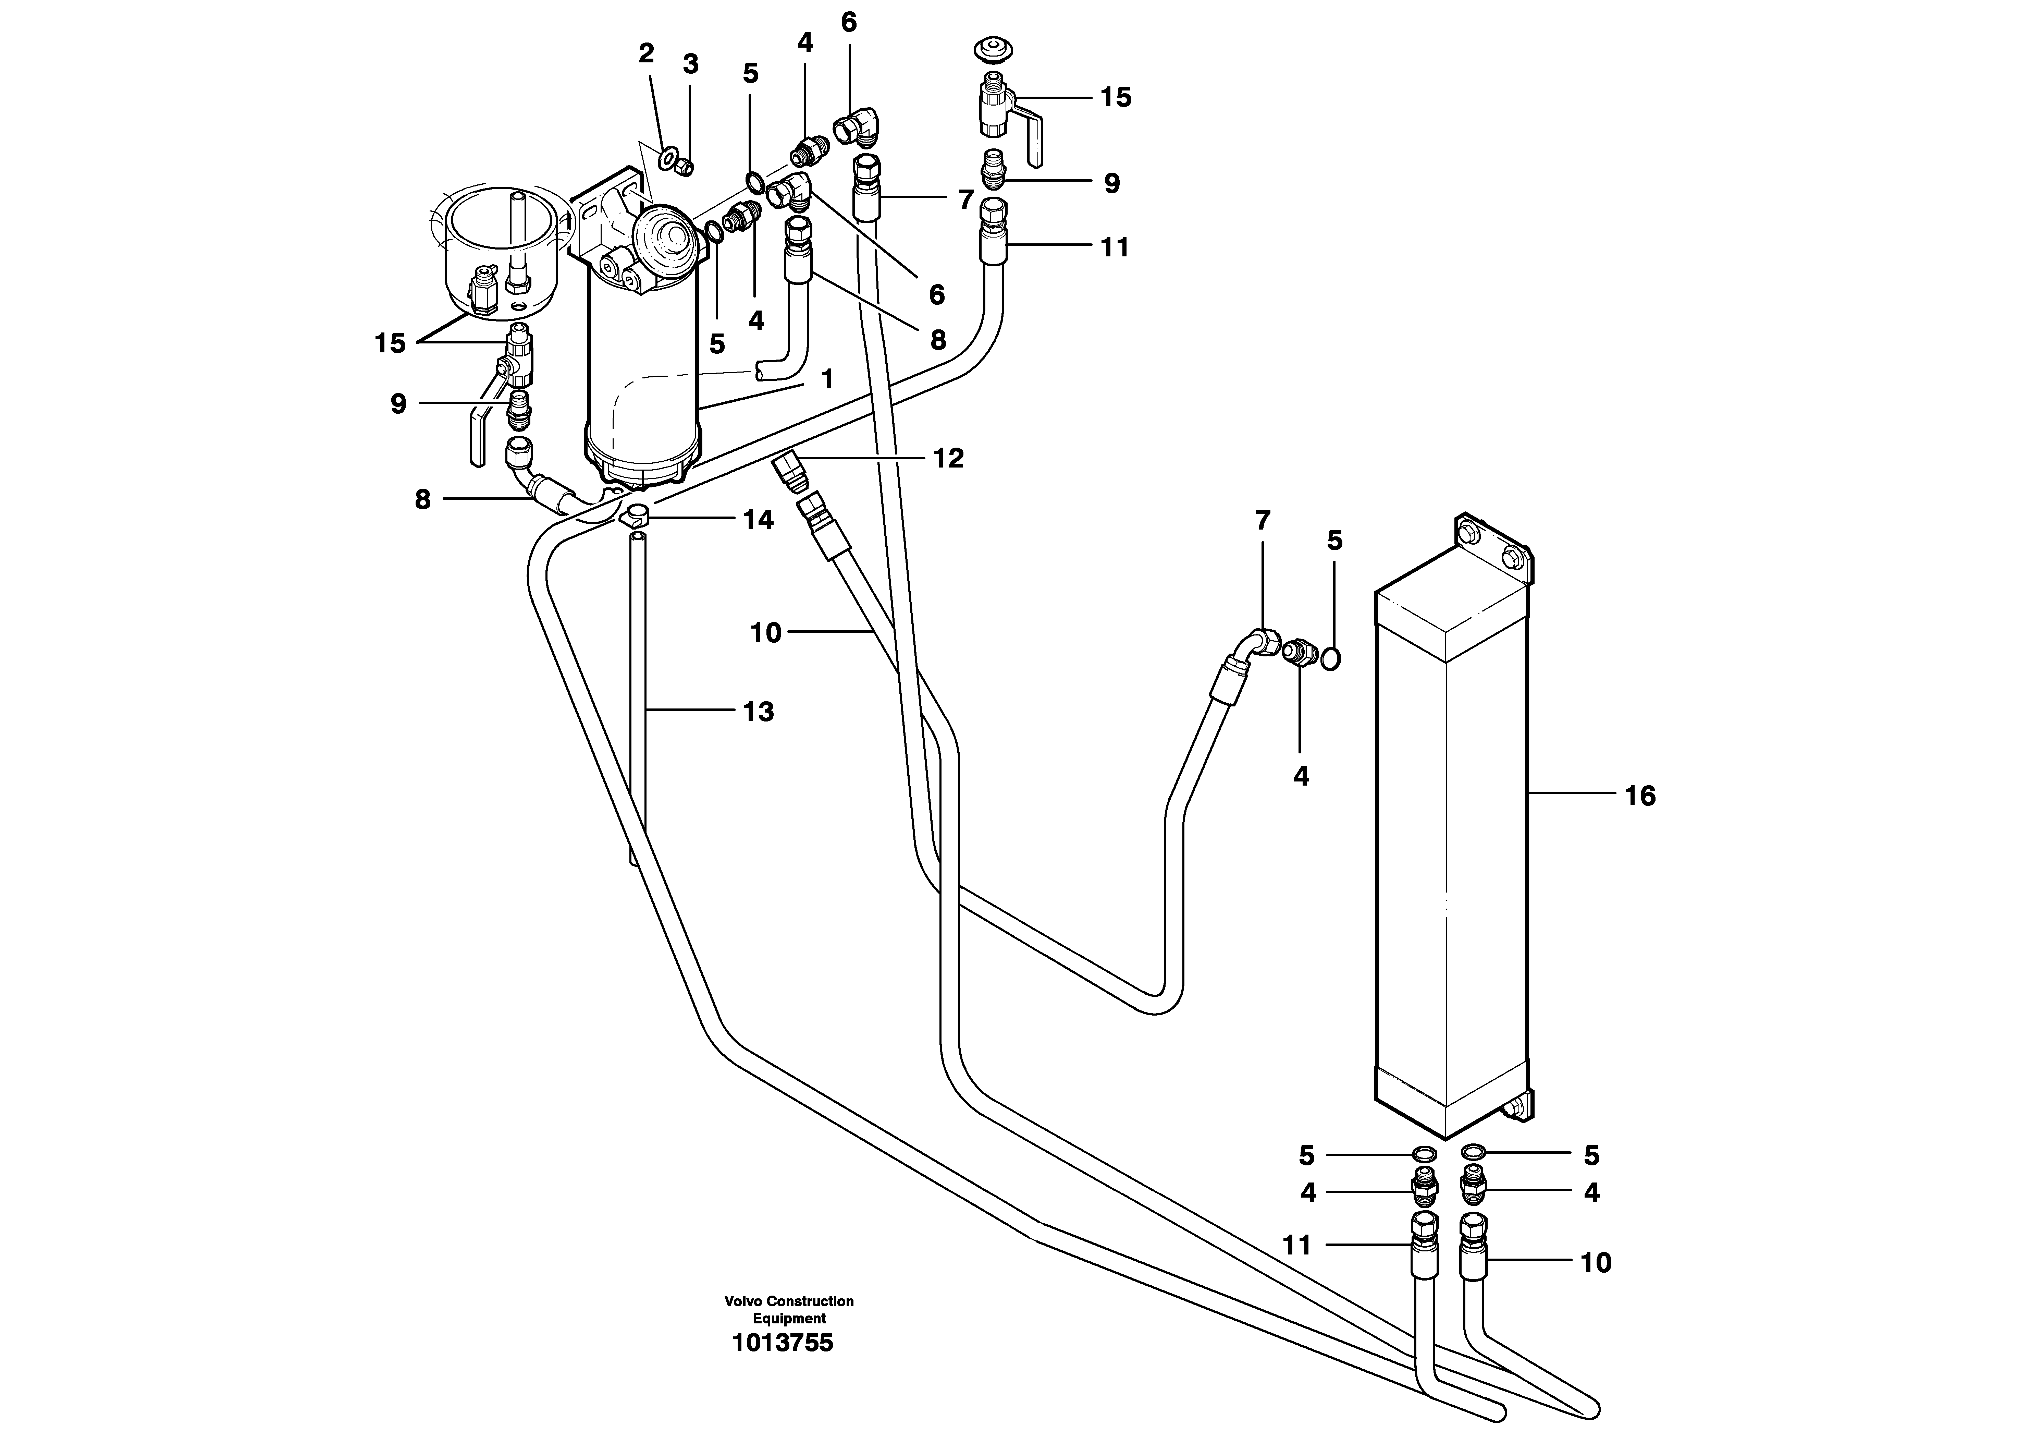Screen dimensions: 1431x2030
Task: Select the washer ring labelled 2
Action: (x=667, y=160)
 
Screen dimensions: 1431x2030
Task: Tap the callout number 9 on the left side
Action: (x=399, y=404)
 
